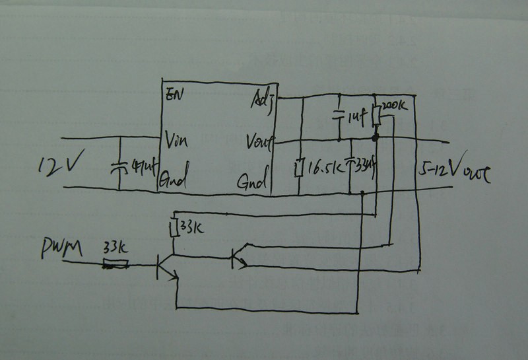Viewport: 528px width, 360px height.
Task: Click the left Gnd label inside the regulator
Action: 176,178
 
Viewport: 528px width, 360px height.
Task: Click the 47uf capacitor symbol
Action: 119,166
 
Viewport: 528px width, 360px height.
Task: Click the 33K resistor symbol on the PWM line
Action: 116,265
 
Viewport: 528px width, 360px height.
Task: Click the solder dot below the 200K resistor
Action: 376,139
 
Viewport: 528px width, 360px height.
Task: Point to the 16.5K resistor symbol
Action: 300,167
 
